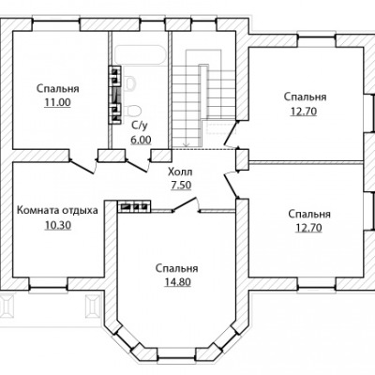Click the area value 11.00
tap(58, 102)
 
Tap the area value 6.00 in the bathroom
tap(141, 140)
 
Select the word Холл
tap(180, 172)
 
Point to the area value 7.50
tap(181, 186)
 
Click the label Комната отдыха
tap(57, 210)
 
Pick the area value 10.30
tap(58, 225)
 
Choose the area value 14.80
tap(177, 282)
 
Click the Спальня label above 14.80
tap(177, 268)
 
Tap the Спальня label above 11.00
tap(58, 88)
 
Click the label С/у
tap(139, 126)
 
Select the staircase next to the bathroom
tap(203, 100)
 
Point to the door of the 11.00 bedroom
tap(82, 166)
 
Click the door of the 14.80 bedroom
tap(186, 205)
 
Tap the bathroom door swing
tap(137, 165)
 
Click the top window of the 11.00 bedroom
tap(56, 25)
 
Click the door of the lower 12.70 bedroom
tap(232, 186)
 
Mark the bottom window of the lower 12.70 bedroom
tap(317, 283)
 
